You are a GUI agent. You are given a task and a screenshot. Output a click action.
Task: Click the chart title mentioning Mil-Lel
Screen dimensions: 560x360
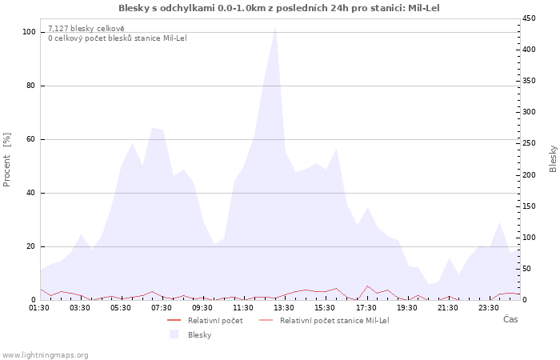pyautogui.click(x=279, y=8)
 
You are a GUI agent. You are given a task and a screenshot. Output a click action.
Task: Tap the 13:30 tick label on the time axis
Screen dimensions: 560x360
pyautogui.click(x=284, y=308)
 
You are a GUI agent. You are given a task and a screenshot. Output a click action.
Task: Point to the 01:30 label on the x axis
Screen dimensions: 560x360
pyautogui.click(x=39, y=308)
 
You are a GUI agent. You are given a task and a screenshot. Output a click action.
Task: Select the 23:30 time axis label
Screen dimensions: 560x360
pyautogui.click(x=488, y=308)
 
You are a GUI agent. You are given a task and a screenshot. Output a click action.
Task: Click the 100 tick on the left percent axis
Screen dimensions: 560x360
pyautogui.click(x=29, y=32)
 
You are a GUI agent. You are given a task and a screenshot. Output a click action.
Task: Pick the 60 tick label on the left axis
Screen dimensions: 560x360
pyautogui.click(x=30, y=139)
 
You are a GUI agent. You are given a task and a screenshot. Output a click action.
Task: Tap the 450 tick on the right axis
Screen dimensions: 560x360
pyautogui.click(x=529, y=18)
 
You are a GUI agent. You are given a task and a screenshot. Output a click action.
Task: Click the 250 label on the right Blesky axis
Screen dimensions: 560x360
pyautogui.click(x=529, y=143)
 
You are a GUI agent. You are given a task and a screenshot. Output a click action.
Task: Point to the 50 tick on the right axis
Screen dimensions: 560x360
pyautogui.click(x=526, y=269)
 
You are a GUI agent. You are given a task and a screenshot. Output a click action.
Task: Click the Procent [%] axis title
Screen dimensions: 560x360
pyautogui.click(x=6, y=160)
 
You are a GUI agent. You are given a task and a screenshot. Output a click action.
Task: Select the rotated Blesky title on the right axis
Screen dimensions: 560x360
pyautogui.click(x=553, y=159)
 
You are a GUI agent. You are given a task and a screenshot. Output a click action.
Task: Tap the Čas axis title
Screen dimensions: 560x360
pyautogui.click(x=510, y=319)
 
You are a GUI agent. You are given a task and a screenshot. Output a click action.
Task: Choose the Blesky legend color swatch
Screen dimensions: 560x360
pyautogui.click(x=174, y=334)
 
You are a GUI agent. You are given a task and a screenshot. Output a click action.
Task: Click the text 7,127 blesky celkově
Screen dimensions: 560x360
pyautogui.click(x=86, y=29)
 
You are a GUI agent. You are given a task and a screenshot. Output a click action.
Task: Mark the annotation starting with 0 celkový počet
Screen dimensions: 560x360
pyautogui.click(x=118, y=38)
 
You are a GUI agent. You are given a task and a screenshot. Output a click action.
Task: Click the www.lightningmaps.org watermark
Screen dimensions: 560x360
pyautogui.click(x=44, y=355)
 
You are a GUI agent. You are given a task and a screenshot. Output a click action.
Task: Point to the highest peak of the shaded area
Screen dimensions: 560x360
pyautogui.click(x=275, y=26)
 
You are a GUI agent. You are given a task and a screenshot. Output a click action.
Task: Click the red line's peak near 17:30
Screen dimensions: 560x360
pyautogui.click(x=367, y=286)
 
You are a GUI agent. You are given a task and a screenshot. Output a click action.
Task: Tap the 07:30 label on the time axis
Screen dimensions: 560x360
pyautogui.click(x=162, y=308)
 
